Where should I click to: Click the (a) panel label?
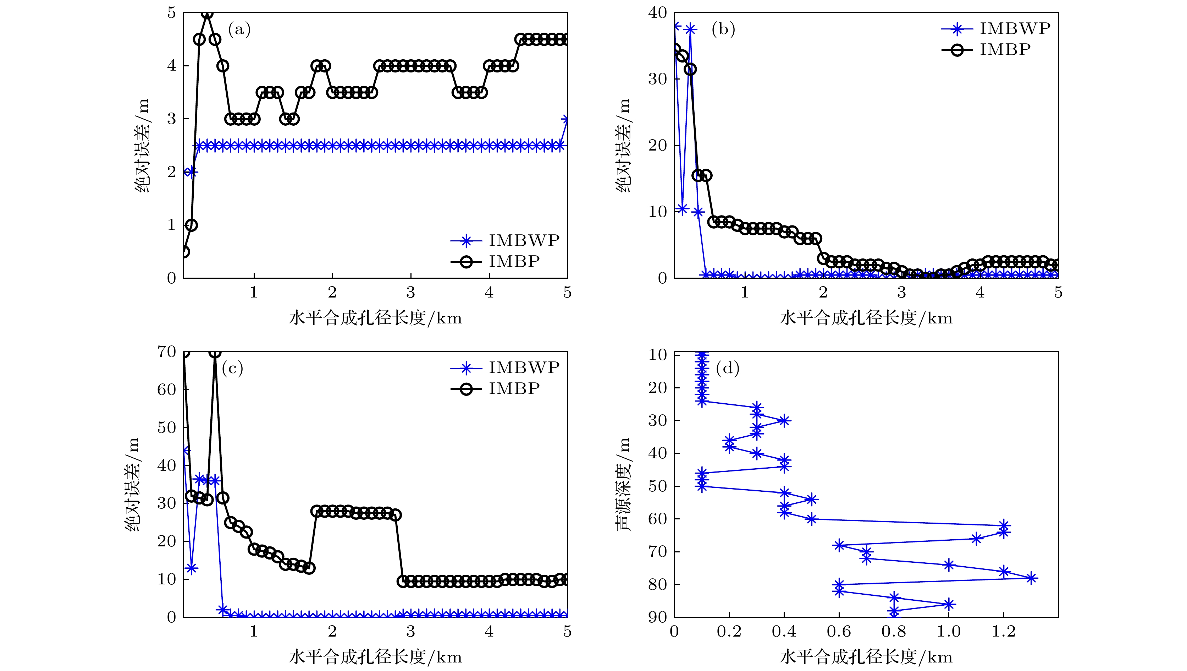tap(239, 30)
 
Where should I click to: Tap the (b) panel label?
tap(723, 30)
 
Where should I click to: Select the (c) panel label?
tap(232, 369)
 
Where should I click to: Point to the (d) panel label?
tap(728, 369)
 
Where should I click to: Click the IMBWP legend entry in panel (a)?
tap(524, 240)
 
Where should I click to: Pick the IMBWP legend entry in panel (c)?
tap(524, 367)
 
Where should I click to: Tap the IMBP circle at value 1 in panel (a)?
tap(192, 225)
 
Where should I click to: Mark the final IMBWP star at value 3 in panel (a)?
tap(566, 119)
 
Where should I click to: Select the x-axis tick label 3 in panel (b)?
tap(901, 293)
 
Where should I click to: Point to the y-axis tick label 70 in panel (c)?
tap(166, 352)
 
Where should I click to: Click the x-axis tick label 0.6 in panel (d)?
tap(839, 631)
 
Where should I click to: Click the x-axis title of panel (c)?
tap(375, 657)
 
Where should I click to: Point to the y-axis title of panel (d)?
tap(623, 484)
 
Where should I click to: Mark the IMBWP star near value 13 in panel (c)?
tap(192, 568)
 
